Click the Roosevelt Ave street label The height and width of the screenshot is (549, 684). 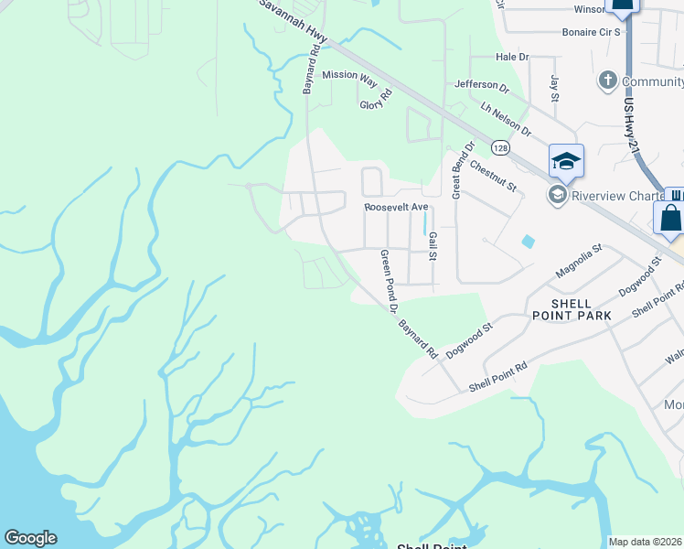(x=396, y=208)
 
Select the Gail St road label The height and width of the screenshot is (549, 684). (x=433, y=245)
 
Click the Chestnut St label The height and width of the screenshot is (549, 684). (x=494, y=176)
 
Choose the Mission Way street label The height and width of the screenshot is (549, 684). (x=349, y=76)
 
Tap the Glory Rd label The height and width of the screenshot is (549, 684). (x=376, y=100)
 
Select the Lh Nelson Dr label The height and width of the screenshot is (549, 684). (x=506, y=119)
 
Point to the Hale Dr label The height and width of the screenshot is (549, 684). (x=512, y=57)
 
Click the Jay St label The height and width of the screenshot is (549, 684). (x=554, y=89)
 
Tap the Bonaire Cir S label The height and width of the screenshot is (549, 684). (x=591, y=31)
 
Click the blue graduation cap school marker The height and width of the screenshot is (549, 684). (x=566, y=161)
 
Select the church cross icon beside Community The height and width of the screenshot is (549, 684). (x=606, y=81)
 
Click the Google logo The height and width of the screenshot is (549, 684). (x=30, y=538)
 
